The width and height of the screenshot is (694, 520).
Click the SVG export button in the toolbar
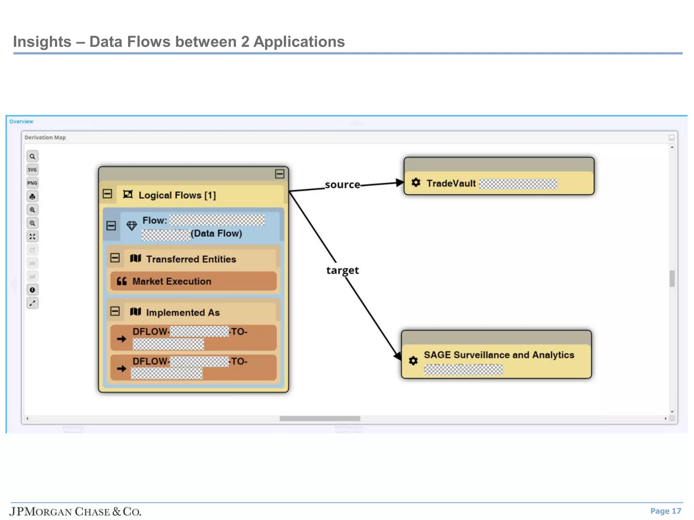(x=32, y=170)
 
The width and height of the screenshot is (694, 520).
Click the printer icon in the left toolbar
(x=32, y=196)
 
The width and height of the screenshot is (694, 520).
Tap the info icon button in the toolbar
(x=32, y=290)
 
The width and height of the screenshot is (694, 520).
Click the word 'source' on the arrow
(x=342, y=185)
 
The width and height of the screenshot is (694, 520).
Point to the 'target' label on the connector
(x=342, y=270)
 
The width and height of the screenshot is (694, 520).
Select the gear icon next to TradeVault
(x=416, y=183)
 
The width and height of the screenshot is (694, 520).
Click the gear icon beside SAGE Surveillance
(x=413, y=361)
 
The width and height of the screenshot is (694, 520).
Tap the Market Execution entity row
(x=193, y=281)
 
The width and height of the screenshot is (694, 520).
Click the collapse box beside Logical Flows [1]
(x=107, y=194)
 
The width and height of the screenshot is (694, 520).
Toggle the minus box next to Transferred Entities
(x=115, y=258)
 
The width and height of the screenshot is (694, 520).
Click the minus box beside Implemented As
(x=115, y=311)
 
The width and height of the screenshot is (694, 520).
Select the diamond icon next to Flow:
(x=131, y=225)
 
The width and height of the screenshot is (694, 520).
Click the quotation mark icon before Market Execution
(x=122, y=281)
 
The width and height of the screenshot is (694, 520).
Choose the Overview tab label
(x=21, y=122)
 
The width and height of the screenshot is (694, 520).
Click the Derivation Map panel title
(x=45, y=137)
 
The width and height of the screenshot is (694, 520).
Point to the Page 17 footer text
(x=665, y=511)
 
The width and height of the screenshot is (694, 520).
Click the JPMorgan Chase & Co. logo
(x=75, y=511)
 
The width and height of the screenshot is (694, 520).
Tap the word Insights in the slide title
(x=42, y=42)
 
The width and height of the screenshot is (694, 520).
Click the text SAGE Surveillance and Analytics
(x=499, y=355)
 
